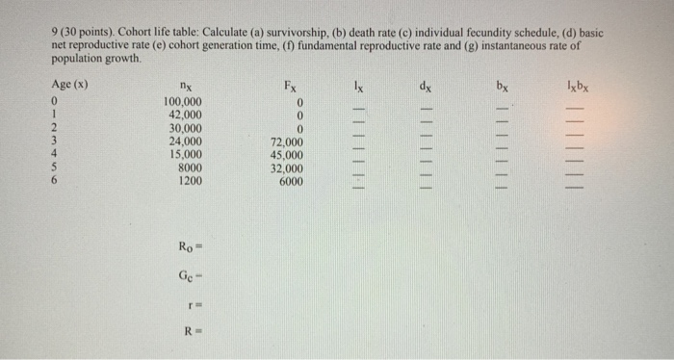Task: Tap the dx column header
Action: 424,85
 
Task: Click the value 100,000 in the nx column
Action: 183,102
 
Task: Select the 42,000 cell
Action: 183,115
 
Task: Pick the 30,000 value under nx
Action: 183,128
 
